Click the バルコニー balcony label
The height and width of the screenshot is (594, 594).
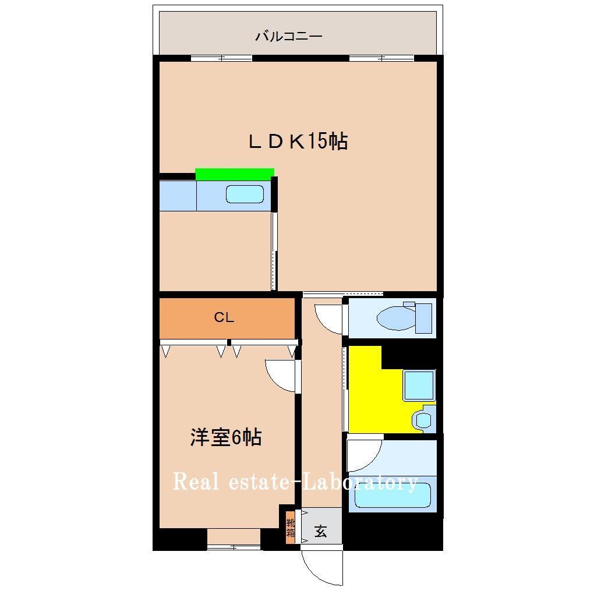pyautogui.click(x=288, y=37)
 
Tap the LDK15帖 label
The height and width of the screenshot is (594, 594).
pyautogui.click(x=298, y=142)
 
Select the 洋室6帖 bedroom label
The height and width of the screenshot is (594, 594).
pyautogui.click(x=225, y=437)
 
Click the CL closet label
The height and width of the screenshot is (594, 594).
pyautogui.click(x=224, y=317)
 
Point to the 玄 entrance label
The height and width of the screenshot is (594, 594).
pyautogui.click(x=321, y=532)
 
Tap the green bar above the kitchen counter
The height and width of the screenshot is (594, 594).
pyautogui.click(x=234, y=174)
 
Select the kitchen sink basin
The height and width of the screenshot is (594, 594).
pyautogui.click(x=245, y=194)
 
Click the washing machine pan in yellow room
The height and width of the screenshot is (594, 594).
pyautogui.click(x=419, y=385)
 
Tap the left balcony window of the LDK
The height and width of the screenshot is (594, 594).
pyautogui.click(x=221, y=58)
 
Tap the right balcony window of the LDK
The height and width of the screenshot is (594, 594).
pyautogui.click(x=381, y=58)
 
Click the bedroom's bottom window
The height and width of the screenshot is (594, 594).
pyautogui.click(x=234, y=546)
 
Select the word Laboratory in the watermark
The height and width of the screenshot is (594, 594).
pyautogui.click(x=362, y=482)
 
